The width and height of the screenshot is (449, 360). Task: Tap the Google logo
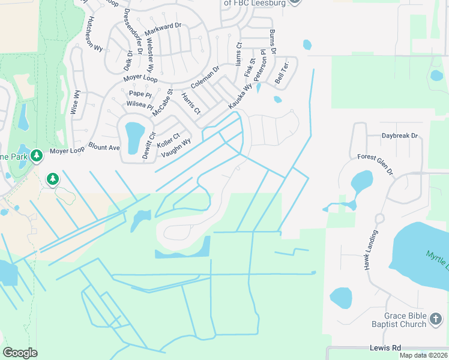point(20,353)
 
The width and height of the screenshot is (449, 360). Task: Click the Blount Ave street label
point(104,147)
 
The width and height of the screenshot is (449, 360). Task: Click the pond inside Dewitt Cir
point(134,131)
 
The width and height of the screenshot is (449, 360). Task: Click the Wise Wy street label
point(76,102)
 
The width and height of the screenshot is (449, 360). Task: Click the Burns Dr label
point(273,42)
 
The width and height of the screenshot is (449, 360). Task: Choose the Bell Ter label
point(283,72)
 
